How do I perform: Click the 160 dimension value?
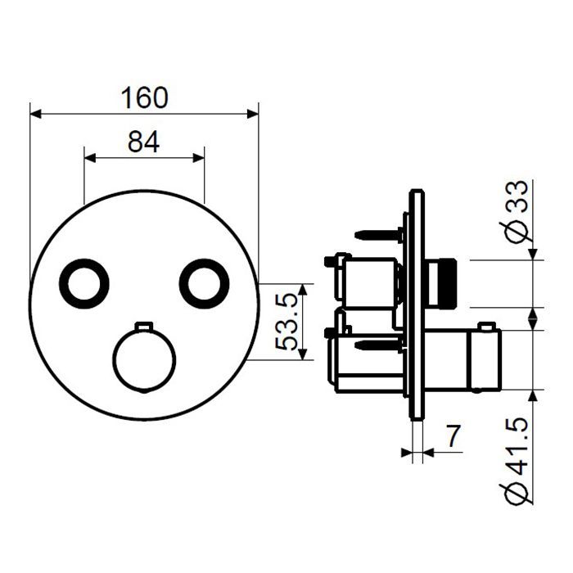144,98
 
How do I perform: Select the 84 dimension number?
143,142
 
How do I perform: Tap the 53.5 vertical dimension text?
286,322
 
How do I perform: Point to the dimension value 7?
453,436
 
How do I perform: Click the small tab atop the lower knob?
144,326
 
